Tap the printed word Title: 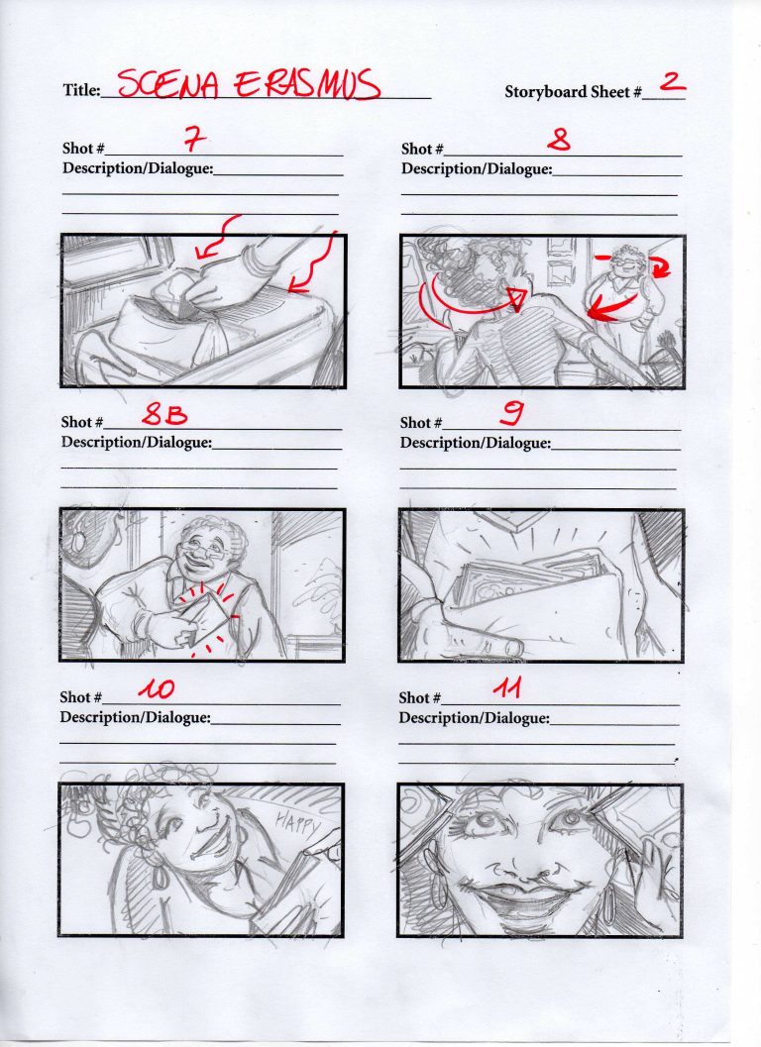pyautogui.click(x=81, y=91)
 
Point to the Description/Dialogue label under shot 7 pyautogui.click(x=137, y=168)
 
